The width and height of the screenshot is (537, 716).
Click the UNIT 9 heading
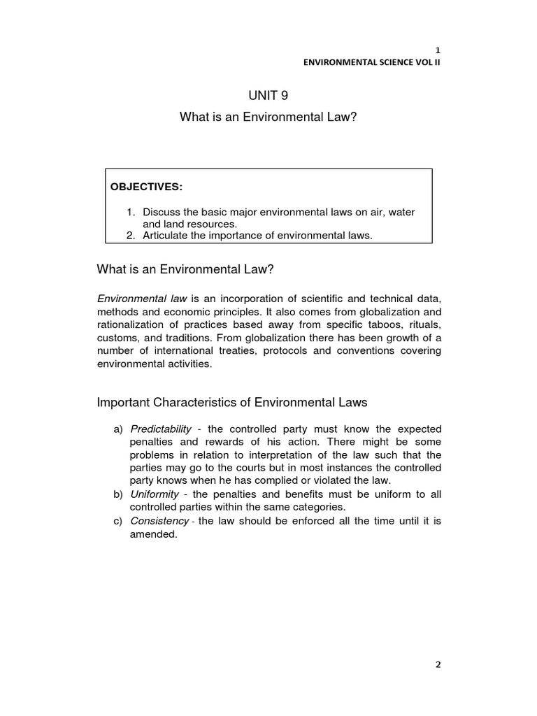pyautogui.click(x=268, y=96)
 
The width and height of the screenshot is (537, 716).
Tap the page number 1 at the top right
pyautogui.click(x=438, y=50)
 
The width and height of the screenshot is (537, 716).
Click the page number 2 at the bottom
pyautogui.click(x=438, y=665)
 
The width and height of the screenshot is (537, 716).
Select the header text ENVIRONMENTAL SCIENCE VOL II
pyautogui.click(x=372, y=62)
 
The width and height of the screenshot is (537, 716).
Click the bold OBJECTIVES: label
pyautogui.click(x=146, y=187)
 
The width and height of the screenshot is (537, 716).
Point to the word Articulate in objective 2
pyautogui.click(x=166, y=236)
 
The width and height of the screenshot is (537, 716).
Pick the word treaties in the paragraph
pyautogui.click(x=235, y=351)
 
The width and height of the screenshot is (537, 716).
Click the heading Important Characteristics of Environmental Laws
pyautogui.click(x=231, y=403)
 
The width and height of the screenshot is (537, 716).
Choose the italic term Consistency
pyautogui.click(x=159, y=521)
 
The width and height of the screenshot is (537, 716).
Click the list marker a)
pyautogui.click(x=117, y=429)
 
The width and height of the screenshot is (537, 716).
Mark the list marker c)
pyautogui.click(x=117, y=521)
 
